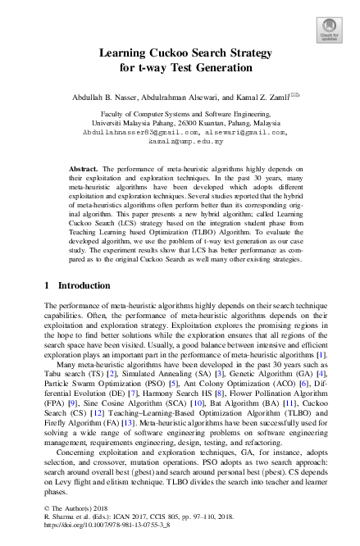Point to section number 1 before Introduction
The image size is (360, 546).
(46, 285)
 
